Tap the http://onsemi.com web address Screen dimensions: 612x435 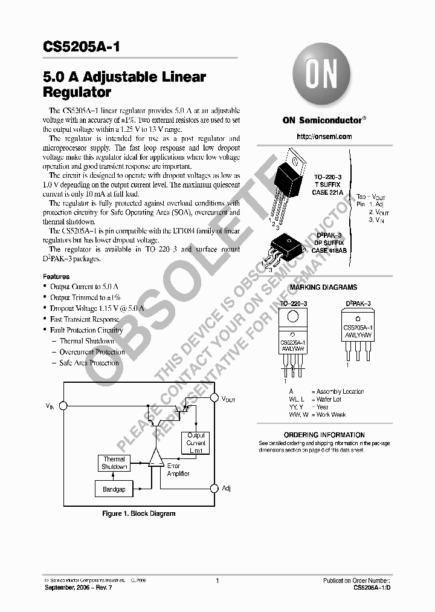324,137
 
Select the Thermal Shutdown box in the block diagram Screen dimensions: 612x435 114,463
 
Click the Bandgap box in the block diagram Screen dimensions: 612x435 114,489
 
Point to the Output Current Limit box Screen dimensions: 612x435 196,443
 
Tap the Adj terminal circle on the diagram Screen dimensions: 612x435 213,488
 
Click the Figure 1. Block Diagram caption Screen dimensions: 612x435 138,513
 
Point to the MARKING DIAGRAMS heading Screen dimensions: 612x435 324,287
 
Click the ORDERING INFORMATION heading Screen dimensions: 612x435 324,435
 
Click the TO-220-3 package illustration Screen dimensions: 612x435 290,187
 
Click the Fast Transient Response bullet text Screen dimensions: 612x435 85,319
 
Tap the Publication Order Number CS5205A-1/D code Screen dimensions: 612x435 375,588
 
